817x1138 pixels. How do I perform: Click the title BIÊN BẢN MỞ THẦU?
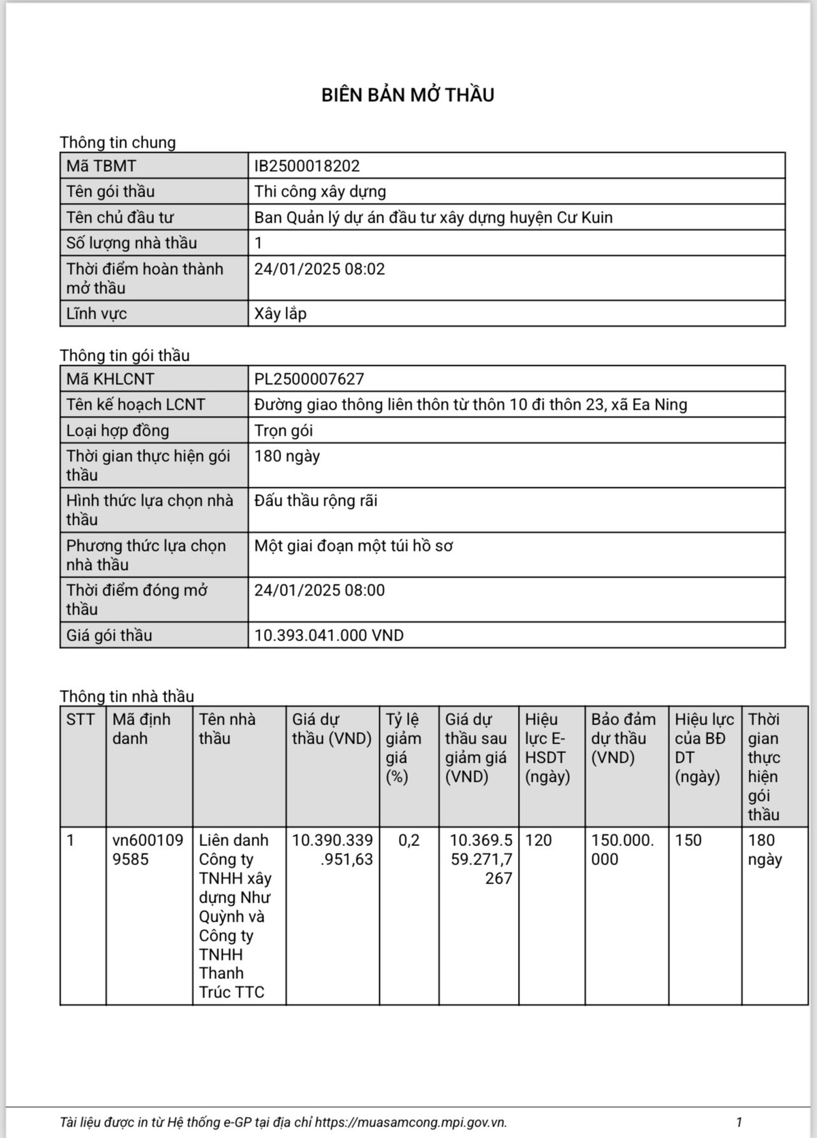[x=408, y=95]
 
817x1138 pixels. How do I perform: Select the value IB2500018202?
[x=307, y=166]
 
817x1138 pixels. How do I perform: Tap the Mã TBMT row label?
[x=101, y=166]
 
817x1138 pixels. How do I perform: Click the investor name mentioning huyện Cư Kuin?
[x=434, y=218]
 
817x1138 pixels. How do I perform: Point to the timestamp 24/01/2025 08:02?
[x=319, y=270]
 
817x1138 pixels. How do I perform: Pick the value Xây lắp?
[x=281, y=314]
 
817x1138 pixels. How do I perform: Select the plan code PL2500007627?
[x=309, y=379]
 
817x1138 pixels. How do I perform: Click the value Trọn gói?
[x=283, y=431]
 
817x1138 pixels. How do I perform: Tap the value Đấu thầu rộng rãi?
[x=316, y=502]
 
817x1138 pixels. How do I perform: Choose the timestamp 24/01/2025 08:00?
[x=319, y=591]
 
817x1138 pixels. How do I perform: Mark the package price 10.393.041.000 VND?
[x=329, y=636]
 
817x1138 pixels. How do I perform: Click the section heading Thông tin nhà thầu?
[x=127, y=696]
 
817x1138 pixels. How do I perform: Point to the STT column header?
[x=80, y=720]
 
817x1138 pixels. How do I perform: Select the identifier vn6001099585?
[x=148, y=849]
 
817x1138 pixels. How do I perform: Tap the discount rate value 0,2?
[x=409, y=841]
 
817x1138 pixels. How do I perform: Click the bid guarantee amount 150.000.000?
[x=622, y=849]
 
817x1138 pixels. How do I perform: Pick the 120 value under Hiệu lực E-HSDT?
[x=539, y=841]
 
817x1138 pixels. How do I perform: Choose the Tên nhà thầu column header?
[x=227, y=729]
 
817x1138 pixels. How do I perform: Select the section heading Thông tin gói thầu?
[x=125, y=355]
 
